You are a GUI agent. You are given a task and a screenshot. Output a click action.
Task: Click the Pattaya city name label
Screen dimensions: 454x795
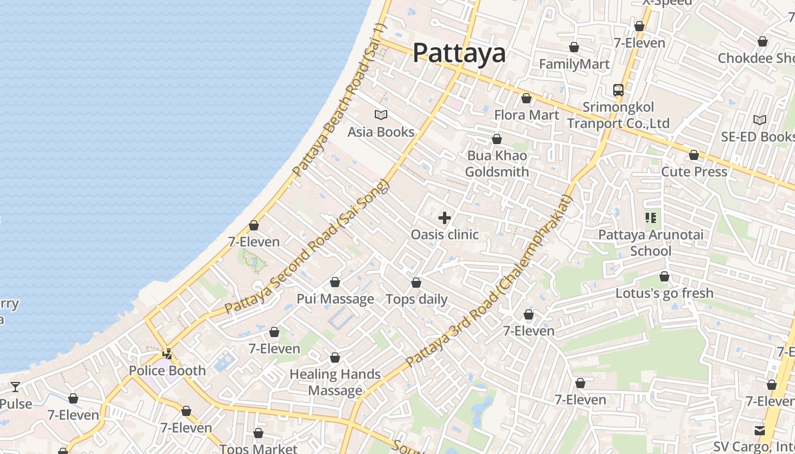459,53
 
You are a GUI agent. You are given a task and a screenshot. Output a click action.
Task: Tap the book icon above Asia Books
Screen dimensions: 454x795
380,115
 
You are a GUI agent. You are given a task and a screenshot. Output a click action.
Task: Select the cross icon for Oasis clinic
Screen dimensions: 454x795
445,218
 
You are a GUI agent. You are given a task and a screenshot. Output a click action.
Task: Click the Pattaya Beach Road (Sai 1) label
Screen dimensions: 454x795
340,99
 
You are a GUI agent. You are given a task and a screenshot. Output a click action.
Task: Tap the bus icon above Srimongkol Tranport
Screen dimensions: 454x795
618,90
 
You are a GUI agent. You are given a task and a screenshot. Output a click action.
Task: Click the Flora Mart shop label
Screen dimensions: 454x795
526,115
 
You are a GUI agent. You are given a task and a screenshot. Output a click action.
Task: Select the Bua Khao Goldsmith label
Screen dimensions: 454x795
497,163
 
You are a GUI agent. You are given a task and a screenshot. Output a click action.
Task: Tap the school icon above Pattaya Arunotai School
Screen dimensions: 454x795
651,217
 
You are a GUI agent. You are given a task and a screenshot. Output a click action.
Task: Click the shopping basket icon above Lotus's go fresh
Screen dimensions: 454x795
664,277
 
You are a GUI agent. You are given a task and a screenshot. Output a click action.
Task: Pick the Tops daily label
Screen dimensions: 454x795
417,299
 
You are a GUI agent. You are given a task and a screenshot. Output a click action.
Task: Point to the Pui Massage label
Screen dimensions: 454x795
335,299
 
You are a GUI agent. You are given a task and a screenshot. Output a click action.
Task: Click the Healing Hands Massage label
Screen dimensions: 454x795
335,382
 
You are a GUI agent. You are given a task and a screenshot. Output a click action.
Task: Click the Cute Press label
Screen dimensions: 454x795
694,171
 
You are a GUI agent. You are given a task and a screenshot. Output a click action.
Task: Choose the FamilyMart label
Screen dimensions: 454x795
574,64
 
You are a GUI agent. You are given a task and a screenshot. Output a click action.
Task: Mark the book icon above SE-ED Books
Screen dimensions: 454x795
759,120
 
